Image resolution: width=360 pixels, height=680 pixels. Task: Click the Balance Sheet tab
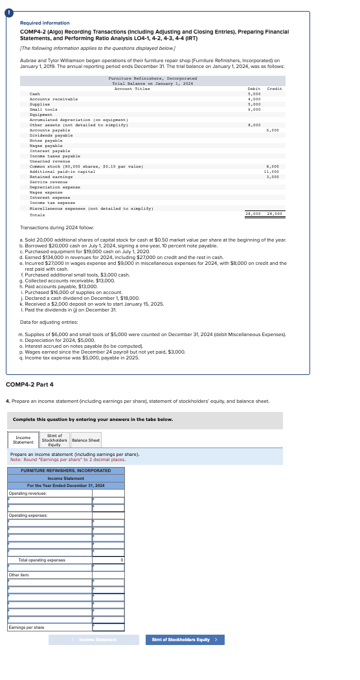click(85, 440)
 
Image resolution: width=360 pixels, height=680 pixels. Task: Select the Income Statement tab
click(24, 440)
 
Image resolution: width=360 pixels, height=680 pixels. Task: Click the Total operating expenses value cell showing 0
click(109, 560)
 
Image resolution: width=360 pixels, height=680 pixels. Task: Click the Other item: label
click(17, 574)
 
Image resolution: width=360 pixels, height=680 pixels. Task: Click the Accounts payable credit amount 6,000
click(273, 130)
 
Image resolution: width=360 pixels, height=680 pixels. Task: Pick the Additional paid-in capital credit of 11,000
click(272, 171)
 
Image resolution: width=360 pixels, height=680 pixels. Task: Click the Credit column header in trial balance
click(275, 89)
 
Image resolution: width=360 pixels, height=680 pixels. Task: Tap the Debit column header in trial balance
click(254, 89)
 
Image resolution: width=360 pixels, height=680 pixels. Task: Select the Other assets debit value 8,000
click(254, 125)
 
